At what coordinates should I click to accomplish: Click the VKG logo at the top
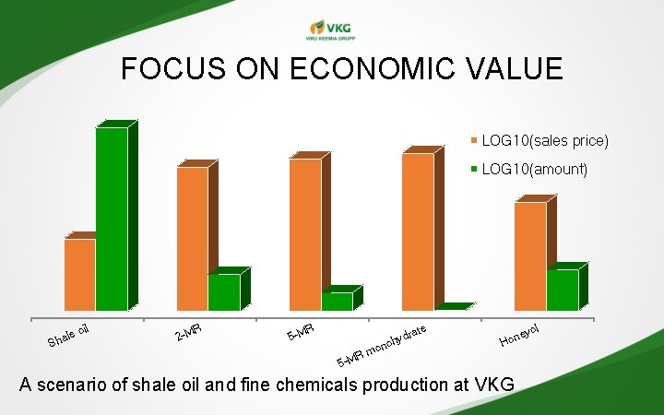[x=331, y=30]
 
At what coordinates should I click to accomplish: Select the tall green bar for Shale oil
[x=112, y=219]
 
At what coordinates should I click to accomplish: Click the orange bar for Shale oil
[x=79, y=274]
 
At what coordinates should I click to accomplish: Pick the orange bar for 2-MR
[x=192, y=238]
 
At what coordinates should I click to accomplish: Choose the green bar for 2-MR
[x=223, y=292]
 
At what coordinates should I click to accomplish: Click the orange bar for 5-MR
[x=305, y=234]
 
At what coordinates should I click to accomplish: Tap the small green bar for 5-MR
[x=336, y=301]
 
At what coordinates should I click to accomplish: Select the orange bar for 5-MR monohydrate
[x=418, y=231]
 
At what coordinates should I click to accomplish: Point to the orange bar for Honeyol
[x=530, y=255]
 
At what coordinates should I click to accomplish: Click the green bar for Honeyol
[x=562, y=290]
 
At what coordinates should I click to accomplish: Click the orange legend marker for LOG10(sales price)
[x=475, y=141]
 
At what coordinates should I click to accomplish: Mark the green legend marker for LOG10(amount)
[x=475, y=170]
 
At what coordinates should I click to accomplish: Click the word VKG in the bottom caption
[x=493, y=385]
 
